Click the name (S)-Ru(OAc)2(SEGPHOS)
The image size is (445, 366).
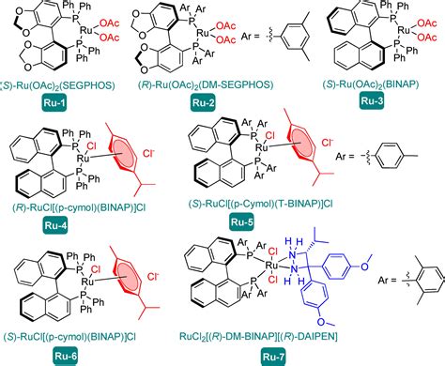coord(63,84)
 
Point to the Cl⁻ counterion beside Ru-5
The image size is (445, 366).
coord(330,146)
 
